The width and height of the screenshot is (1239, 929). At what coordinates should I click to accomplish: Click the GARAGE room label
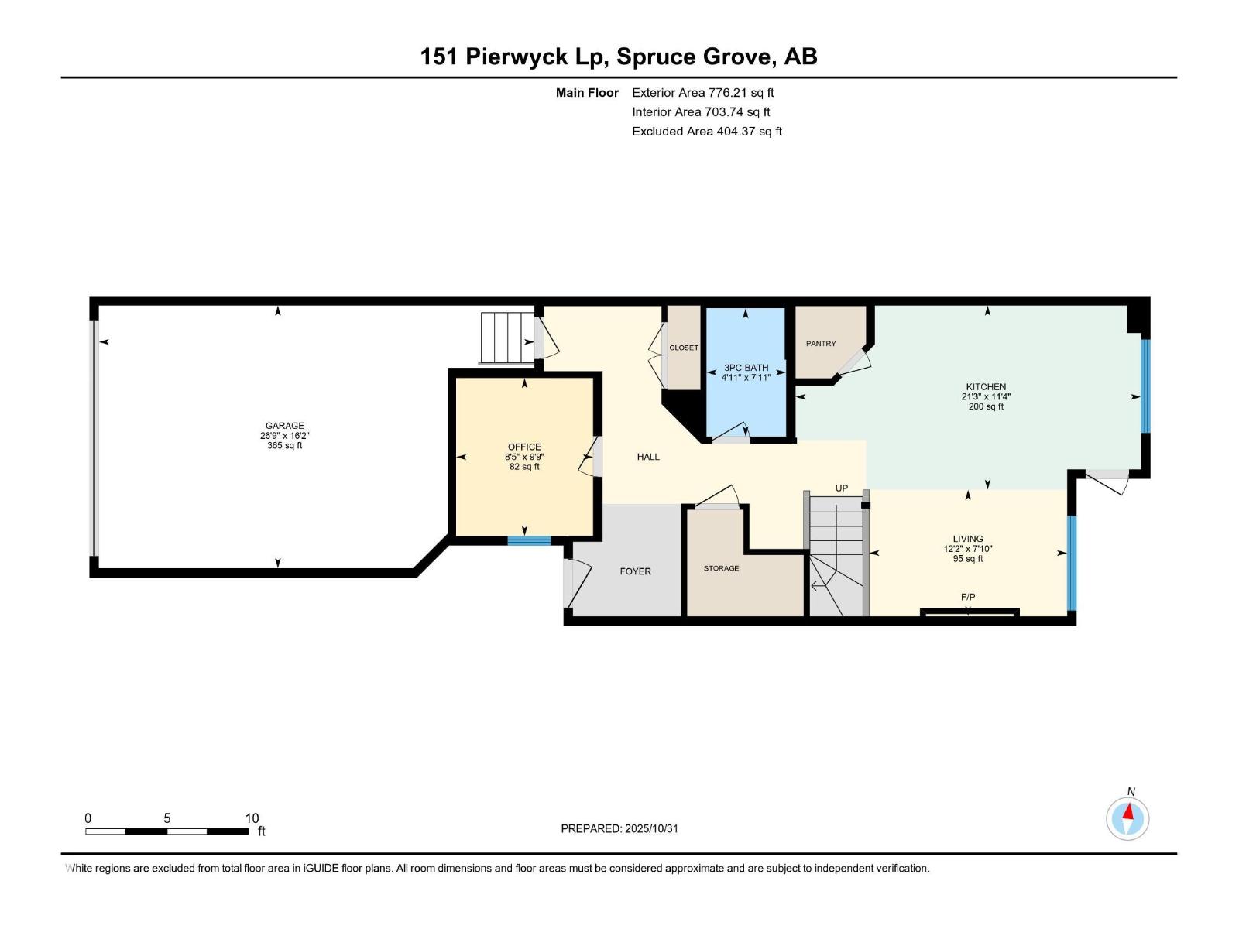(x=284, y=426)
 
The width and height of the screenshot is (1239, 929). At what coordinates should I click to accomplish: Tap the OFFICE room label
(x=524, y=447)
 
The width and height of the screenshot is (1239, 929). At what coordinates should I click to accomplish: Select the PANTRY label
(x=821, y=344)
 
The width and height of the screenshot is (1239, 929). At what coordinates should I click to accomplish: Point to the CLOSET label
(x=684, y=348)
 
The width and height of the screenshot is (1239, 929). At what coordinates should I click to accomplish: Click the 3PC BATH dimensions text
(x=746, y=377)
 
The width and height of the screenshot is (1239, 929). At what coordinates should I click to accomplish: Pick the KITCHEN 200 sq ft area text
(x=986, y=406)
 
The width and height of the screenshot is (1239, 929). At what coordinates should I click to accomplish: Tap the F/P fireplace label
(x=968, y=597)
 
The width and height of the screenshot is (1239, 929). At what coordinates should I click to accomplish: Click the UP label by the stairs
(x=841, y=488)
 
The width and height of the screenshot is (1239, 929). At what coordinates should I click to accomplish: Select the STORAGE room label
(x=721, y=568)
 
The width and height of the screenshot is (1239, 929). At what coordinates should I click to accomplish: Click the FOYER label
(x=635, y=571)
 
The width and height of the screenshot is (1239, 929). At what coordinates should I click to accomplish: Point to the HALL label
(x=648, y=457)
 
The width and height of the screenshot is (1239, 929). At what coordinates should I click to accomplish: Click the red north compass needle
(x=1128, y=811)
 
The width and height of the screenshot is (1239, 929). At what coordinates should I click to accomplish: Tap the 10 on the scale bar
(x=252, y=818)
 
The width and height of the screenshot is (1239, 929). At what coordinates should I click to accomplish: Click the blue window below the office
(x=529, y=540)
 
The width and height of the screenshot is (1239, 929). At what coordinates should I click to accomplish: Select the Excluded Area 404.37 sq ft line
(x=707, y=132)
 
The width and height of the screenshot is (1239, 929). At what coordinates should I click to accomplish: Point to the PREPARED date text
(x=619, y=828)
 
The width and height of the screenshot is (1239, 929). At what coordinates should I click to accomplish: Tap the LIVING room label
(x=967, y=539)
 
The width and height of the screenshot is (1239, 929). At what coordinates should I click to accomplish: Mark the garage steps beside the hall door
(x=507, y=338)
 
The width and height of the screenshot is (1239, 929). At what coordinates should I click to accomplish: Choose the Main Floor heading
(x=587, y=92)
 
